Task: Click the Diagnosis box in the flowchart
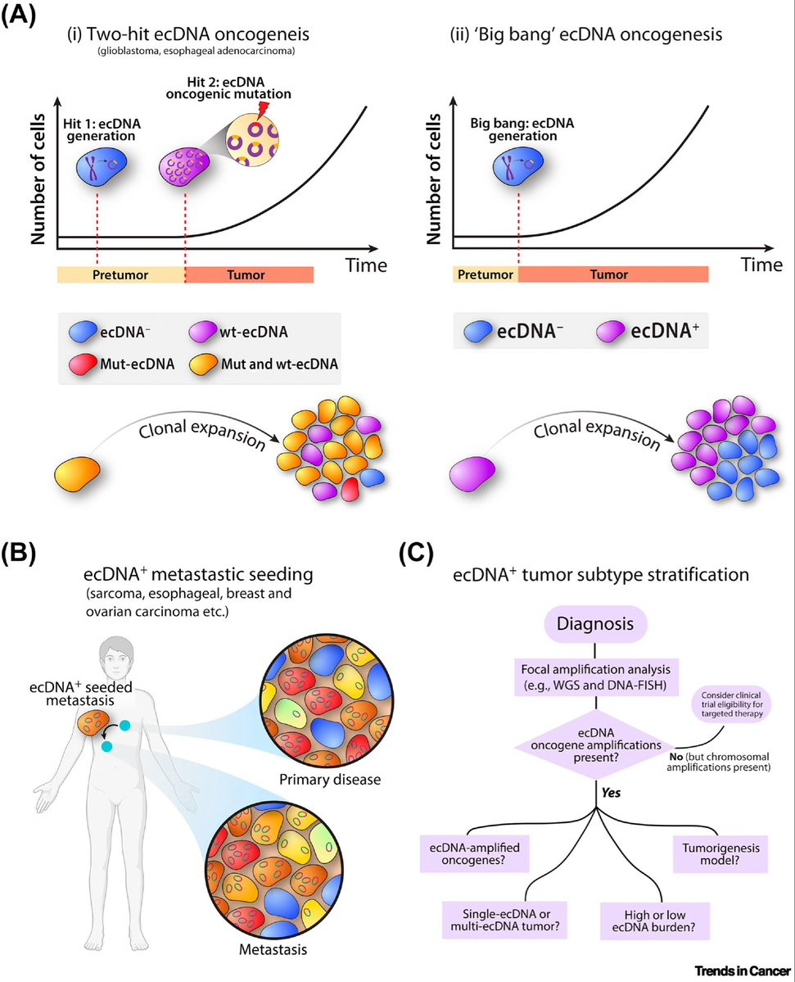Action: click(594, 624)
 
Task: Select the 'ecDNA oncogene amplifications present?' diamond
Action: click(595, 745)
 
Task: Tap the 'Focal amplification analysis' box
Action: click(595, 677)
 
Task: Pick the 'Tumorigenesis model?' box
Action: click(720, 854)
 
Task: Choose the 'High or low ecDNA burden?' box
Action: click(654, 921)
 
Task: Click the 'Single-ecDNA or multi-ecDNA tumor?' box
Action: click(504, 920)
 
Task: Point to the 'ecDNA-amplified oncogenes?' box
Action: click(475, 853)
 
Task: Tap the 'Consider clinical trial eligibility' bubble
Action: click(732, 704)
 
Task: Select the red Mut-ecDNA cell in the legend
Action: click(84, 364)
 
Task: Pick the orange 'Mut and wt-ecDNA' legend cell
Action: click(204, 364)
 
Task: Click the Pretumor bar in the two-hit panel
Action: click(121, 274)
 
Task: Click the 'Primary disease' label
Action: click(330, 780)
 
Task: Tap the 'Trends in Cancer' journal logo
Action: click(743, 971)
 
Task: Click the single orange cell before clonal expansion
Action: click(78, 474)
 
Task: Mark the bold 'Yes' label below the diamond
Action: click(611, 793)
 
